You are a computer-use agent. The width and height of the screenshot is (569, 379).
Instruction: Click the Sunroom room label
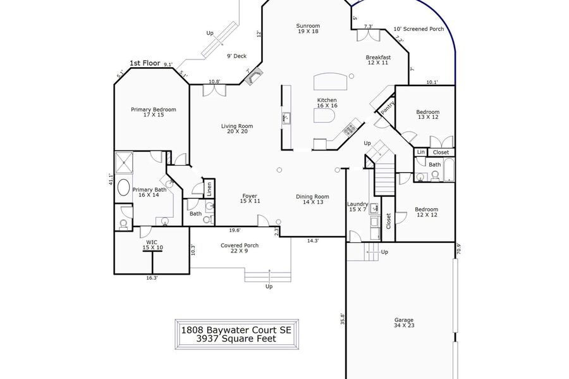[x=308, y=28]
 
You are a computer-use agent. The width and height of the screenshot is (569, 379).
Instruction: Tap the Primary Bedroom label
[x=154, y=112]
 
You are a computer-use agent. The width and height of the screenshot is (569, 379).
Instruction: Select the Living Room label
[x=237, y=128]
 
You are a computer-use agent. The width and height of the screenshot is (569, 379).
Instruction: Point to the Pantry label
[x=388, y=108]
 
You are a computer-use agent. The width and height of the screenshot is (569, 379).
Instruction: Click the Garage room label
[x=404, y=322]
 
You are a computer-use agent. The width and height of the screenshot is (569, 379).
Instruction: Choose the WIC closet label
[x=152, y=245]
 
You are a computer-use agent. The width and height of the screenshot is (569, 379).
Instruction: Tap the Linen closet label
[x=209, y=189]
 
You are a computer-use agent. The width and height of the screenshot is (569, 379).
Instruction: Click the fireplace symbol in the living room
[x=254, y=77]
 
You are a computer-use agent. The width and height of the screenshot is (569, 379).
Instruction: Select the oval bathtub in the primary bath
[x=124, y=187]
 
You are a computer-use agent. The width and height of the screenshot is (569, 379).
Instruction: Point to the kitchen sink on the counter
[x=286, y=118]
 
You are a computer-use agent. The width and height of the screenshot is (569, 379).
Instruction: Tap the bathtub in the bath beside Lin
[x=449, y=170]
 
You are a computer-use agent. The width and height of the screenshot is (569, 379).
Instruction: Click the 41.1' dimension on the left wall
[x=111, y=180]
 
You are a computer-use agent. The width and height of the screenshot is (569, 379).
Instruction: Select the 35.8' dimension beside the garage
[x=342, y=319]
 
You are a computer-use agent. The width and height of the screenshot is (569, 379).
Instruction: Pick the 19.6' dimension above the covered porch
[x=235, y=230]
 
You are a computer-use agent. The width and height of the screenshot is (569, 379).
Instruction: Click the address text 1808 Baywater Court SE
[x=236, y=330]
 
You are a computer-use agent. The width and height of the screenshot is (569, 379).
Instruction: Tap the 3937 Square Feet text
[x=236, y=339]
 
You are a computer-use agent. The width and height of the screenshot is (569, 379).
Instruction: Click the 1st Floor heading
[x=145, y=63]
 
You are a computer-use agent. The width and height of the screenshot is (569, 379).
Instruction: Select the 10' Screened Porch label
[x=419, y=29]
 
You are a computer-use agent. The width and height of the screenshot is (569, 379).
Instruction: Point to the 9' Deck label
[x=236, y=56]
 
